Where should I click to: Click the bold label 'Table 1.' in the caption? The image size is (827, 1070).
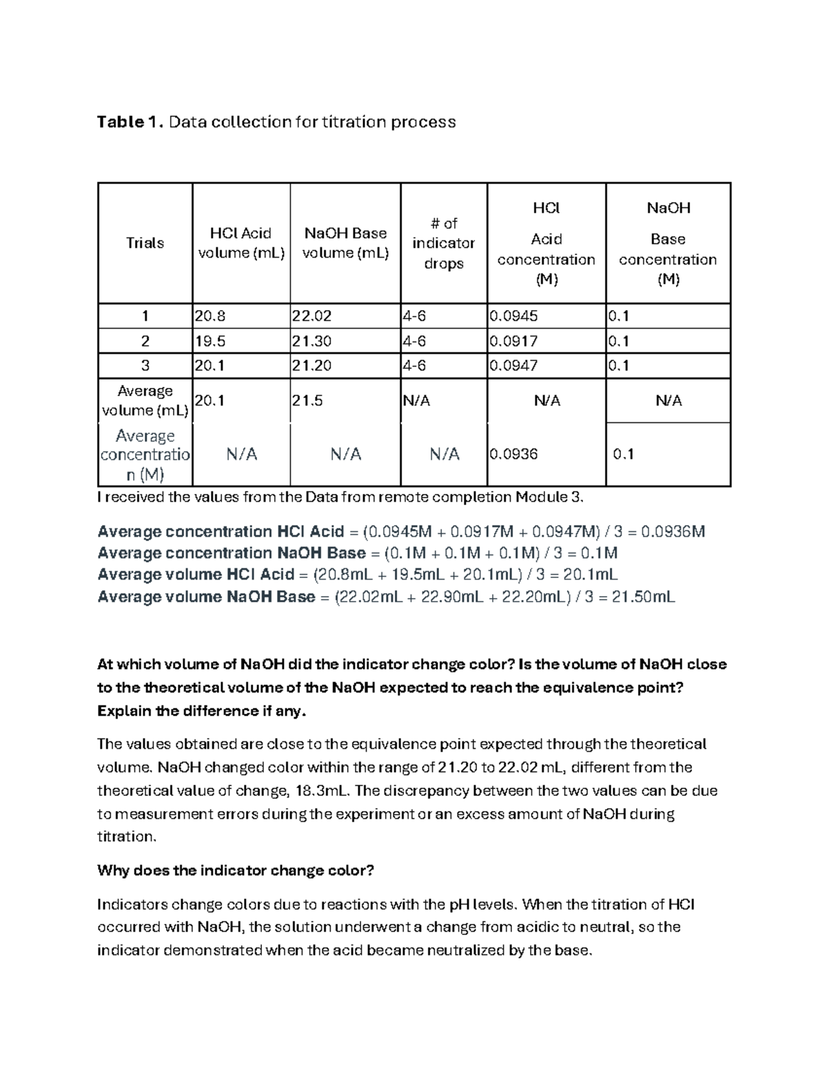(130, 122)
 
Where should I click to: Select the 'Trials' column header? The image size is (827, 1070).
(145, 243)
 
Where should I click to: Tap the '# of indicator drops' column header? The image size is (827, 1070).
(443, 243)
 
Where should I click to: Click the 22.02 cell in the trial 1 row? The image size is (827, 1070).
(312, 316)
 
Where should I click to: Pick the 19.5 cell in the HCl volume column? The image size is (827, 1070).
(210, 341)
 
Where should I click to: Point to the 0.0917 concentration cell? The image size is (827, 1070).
(513, 341)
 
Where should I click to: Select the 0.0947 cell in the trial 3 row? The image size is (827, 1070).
(513, 366)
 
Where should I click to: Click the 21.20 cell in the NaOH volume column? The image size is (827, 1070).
(312, 366)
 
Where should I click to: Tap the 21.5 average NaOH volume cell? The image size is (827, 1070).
(307, 400)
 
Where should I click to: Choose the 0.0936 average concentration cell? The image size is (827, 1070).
(513, 454)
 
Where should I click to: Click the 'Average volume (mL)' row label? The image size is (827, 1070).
(145, 400)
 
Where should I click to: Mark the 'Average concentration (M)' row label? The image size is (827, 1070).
(145, 455)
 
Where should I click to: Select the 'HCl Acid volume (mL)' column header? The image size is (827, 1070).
(241, 243)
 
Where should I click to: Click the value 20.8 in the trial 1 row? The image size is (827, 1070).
(210, 316)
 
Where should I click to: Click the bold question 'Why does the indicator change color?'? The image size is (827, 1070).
(235, 870)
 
